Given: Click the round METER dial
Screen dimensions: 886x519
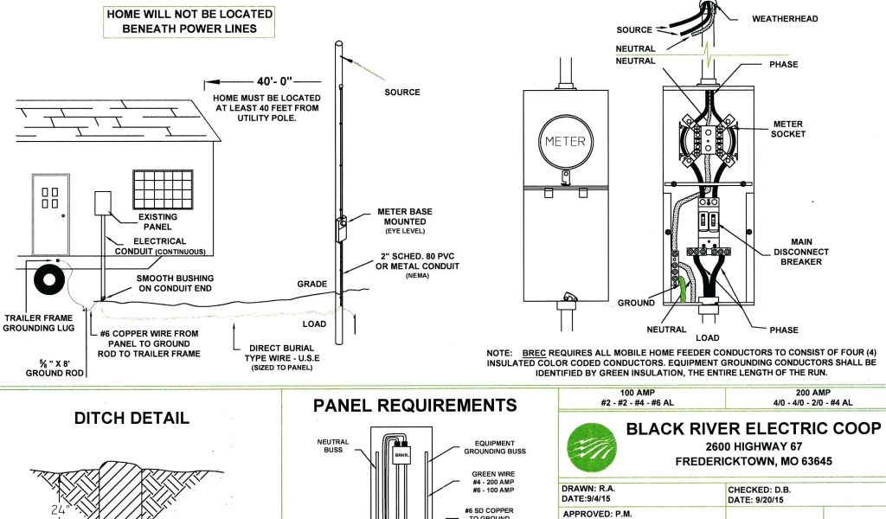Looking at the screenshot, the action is [564, 142].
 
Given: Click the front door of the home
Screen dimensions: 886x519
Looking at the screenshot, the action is [50, 214].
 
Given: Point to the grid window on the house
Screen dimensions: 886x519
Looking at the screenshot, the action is [163, 189].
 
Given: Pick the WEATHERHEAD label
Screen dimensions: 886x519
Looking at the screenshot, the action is [785, 18].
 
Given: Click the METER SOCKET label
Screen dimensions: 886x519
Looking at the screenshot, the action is [787, 129].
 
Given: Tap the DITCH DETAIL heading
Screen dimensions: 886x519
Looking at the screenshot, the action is [132, 419].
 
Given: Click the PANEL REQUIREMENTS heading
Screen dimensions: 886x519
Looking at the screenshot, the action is [414, 405].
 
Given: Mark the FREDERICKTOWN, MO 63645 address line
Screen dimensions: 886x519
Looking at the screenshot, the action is [754, 462].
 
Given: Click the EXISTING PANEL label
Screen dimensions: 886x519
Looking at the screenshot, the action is [157, 221].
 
